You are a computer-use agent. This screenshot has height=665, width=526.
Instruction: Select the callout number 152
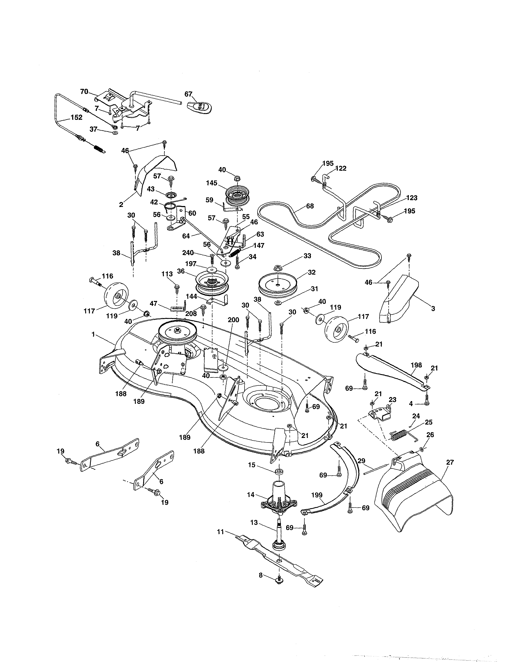click(x=76, y=117)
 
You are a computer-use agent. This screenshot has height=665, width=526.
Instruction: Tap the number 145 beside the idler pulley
click(x=212, y=183)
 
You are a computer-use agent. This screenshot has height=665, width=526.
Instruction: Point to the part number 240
click(x=188, y=253)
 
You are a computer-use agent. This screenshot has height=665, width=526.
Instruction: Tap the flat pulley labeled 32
click(x=277, y=284)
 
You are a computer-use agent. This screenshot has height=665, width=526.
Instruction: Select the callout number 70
click(x=84, y=91)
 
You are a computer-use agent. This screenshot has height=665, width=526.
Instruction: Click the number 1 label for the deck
click(x=93, y=334)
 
